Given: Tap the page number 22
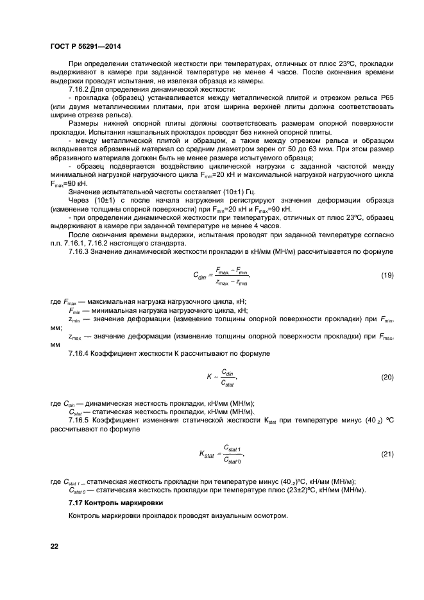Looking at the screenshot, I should click(x=55, y=546).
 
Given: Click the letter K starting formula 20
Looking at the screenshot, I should click(x=209, y=378).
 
